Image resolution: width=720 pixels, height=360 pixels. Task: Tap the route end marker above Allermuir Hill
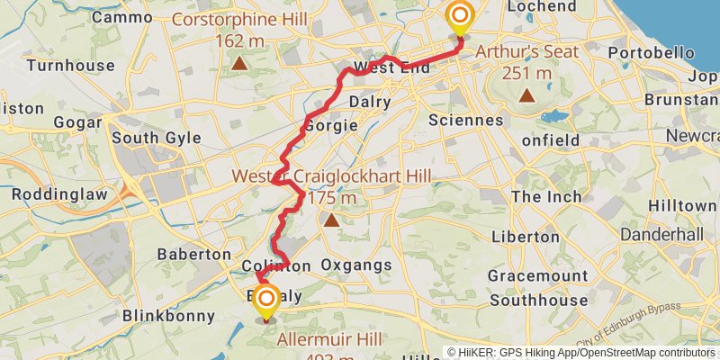pos(266,300)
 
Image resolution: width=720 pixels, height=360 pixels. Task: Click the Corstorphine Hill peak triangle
pos(239,63)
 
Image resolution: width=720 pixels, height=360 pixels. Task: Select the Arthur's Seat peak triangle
pos(526,94)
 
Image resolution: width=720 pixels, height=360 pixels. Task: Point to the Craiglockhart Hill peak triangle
pos(332,219)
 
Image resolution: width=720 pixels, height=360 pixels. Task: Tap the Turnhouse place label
pos(70,66)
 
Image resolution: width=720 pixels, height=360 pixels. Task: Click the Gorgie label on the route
pos(326,125)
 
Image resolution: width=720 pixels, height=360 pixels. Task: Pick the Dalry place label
pos(370,102)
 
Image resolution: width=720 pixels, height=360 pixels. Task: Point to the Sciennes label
pos(466,120)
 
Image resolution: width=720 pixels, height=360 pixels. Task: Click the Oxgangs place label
pos(357,265)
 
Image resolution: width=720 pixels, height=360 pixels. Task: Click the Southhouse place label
pos(538,301)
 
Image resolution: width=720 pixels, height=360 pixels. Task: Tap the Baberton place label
pos(193,255)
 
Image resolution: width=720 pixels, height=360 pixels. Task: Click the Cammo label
pos(122,17)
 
